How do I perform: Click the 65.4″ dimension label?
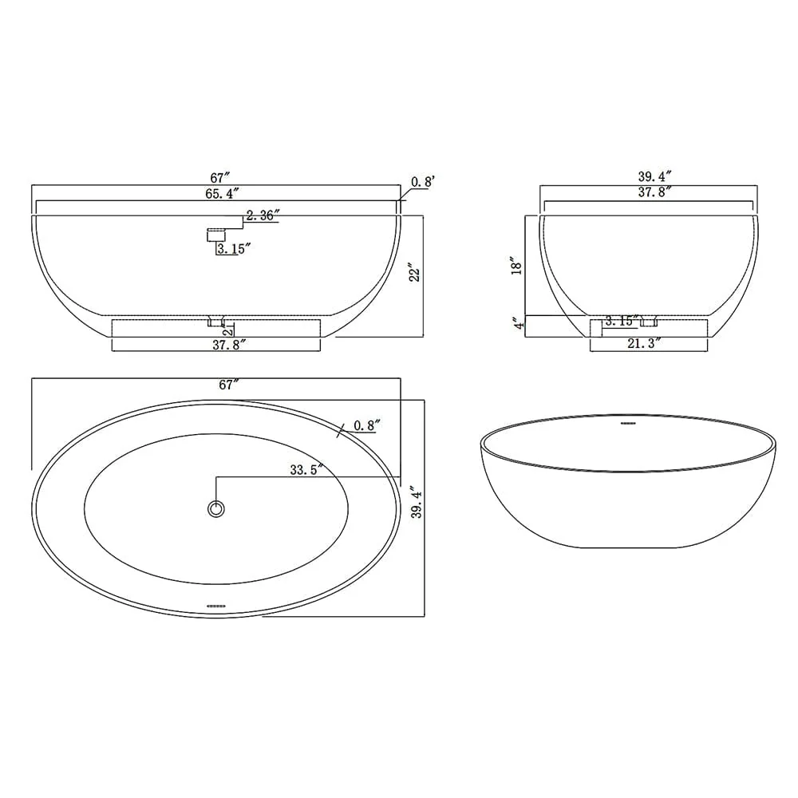(223, 193)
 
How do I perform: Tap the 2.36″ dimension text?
(263, 215)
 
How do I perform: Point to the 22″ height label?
(413, 274)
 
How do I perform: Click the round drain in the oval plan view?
(215, 508)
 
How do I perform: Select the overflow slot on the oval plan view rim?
(216, 606)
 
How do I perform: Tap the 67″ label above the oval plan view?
(230, 385)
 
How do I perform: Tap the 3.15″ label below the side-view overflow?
(235, 248)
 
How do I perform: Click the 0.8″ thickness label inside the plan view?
(365, 425)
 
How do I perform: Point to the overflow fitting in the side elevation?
(217, 234)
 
